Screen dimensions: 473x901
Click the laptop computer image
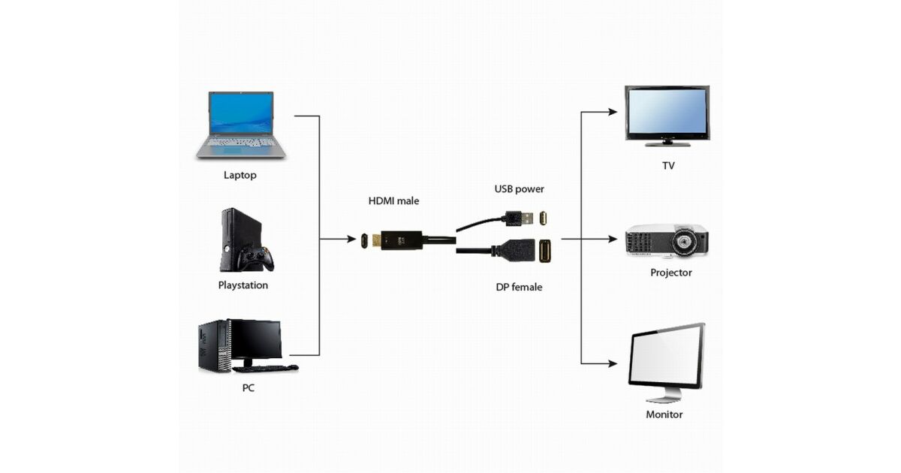[x=241, y=124]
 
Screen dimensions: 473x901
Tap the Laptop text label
[x=240, y=176]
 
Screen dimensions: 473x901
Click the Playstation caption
[x=243, y=285]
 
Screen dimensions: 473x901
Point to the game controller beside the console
[x=256, y=258]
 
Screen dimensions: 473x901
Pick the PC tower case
[x=213, y=345]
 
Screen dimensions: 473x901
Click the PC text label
[x=248, y=388]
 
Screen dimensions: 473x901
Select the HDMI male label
[x=393, y=201]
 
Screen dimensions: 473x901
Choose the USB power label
[x=519, y=189]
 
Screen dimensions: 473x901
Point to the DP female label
[x=519, y=287]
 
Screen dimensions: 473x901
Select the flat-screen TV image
[x=667, y=115]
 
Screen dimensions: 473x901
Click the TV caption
[x=668, y=165]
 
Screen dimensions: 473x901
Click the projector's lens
[x=685, y=242]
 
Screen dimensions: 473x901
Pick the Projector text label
[x=670, y=273]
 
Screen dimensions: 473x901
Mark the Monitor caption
[x=664, y=414]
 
